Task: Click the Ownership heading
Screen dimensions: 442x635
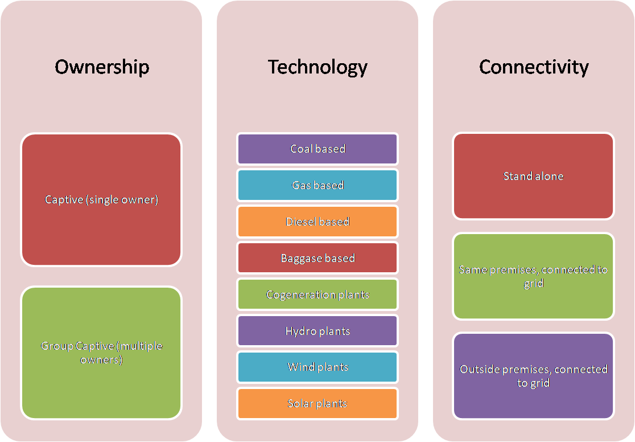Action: (102, 67)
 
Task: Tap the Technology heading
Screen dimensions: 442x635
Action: (317, 67)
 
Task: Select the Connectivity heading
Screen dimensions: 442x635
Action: (533, 67)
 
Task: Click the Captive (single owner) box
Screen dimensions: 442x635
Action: (101, 200)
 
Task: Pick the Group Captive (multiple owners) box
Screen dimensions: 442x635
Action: (101, 353)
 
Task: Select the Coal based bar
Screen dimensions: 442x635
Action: (317, 149)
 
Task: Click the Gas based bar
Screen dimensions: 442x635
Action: (317, 185)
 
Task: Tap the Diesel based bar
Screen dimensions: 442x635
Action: (317, 222)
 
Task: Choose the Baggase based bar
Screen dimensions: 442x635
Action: (317, 258)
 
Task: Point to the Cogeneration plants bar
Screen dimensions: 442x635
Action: (317, 294)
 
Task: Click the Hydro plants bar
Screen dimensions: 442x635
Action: (317, 331)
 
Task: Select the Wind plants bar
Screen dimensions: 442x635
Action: (317, 367)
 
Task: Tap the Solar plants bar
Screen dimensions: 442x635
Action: (317, 404)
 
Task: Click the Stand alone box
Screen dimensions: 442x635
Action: (533, 176)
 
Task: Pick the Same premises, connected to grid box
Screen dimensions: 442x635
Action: (533, 276)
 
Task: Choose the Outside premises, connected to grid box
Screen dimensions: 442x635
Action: (533, 376)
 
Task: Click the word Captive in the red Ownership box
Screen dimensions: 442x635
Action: (64, 200)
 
